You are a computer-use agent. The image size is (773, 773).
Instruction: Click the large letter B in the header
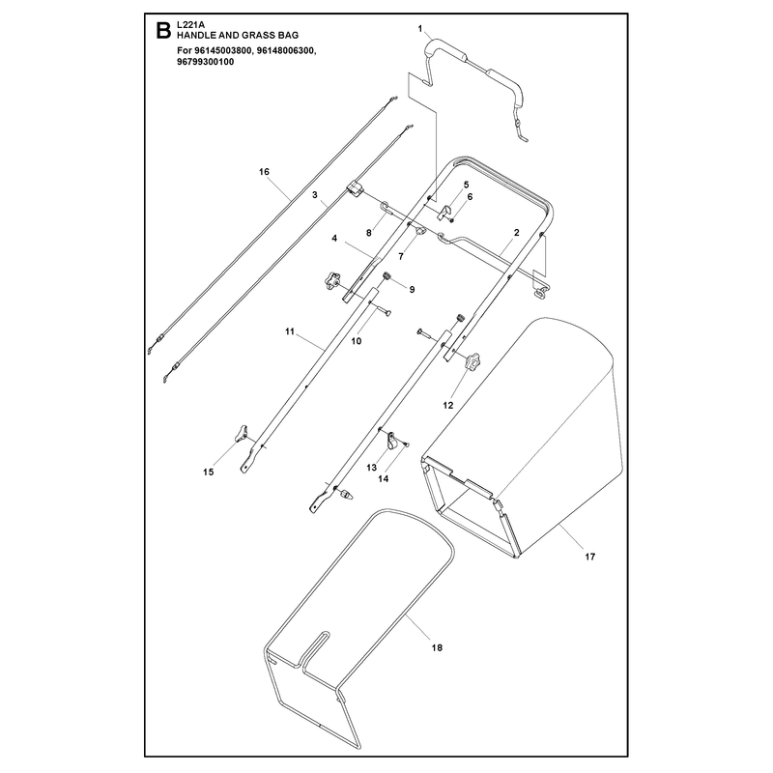click(162, 30)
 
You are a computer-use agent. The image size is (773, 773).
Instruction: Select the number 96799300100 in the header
click(205, 62)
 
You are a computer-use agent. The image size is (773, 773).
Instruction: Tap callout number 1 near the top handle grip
click(420, 29)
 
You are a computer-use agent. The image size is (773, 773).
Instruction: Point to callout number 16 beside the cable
click(264, 172)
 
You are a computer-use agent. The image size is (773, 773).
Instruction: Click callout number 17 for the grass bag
click(590, 557)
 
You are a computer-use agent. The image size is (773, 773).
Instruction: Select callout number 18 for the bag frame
click(437, 647)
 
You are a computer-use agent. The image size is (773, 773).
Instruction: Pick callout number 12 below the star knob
click(447, 405)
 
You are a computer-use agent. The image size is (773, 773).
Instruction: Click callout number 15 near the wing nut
click(208, 472)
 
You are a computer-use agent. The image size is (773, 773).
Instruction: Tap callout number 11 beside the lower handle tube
click(289, 331)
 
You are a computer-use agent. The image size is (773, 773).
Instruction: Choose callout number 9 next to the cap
click(413, 289)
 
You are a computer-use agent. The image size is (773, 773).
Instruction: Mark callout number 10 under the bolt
click(356, 341)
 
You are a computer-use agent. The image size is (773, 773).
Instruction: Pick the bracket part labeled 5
click(444, 213)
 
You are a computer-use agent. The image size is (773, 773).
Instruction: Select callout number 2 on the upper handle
click(516, 232)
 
